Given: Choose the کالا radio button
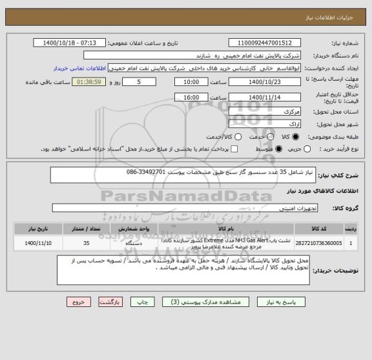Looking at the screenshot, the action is [296, 137].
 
